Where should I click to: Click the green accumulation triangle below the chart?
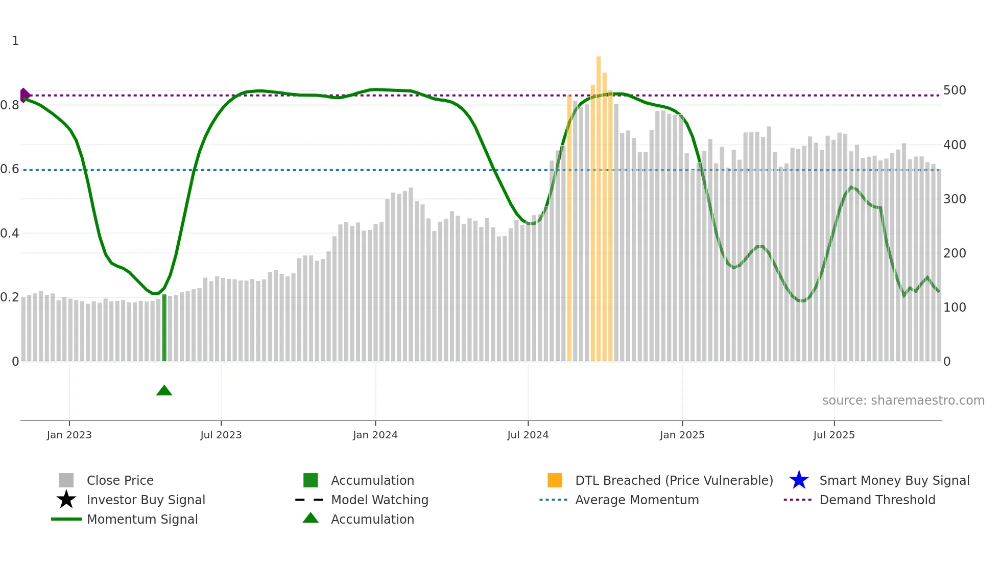(x=164, y=391)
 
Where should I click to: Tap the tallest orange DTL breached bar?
(x=599, y=204)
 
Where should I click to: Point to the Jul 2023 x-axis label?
(x=221, y=435)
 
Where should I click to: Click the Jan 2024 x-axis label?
(x=375, y=435)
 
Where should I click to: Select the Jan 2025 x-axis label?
(x=682, y=435)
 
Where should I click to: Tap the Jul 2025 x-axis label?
(x=833, y=435)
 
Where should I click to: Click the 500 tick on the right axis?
(x=955, y=90)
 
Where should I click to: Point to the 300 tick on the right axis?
(x=955, y=199)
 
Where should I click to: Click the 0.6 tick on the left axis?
(x=10, y=169)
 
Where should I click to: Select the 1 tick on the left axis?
(x=15, y=41)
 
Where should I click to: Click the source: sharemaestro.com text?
(x=903, y=401)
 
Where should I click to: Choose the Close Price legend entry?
(x=120, y=481)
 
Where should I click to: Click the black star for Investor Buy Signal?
(x=66, y=500)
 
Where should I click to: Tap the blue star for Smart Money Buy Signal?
(x=799, y=480)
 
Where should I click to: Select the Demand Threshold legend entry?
(x=877, y=500)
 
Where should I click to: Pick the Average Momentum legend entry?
(x=636, y=500)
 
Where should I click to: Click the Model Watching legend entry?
(x=379, y=500)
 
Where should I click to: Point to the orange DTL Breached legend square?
(x=555, y=480)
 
